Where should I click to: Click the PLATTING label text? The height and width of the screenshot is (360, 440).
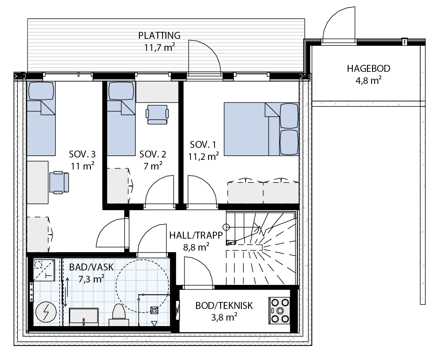(159, 35)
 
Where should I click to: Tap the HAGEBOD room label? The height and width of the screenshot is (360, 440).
(368, 69)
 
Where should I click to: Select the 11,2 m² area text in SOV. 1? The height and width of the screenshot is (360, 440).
(203, 157)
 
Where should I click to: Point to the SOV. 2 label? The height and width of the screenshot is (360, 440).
(153, 154)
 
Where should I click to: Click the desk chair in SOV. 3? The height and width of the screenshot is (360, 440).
(59, 182)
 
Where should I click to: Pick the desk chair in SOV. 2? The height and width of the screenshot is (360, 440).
(157, 114)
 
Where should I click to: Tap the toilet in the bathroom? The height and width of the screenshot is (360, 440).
(119, 315)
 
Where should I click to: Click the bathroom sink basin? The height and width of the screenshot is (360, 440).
(84, 316)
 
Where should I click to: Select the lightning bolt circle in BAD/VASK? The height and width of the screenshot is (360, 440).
(46, 312)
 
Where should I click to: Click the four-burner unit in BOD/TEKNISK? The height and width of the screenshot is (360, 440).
(279, 311)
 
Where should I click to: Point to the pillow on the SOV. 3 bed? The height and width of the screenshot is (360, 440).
(41, 91)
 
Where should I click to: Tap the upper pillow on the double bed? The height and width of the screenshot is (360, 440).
(289, 116)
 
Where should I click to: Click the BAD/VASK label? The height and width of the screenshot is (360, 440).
(91, 267)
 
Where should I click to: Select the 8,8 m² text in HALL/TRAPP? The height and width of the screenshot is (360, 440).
(196, 247)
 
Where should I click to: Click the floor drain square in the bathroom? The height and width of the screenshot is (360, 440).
(154, 310)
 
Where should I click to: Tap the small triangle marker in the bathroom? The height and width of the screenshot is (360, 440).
(154, 323)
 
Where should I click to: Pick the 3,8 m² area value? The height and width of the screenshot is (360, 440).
(224, 317)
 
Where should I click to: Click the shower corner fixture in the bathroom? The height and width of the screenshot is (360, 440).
(44, 270)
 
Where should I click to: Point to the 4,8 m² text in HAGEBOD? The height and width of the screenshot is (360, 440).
(368, 81)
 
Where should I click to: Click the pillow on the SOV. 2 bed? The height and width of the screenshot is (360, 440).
(121, 91)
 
